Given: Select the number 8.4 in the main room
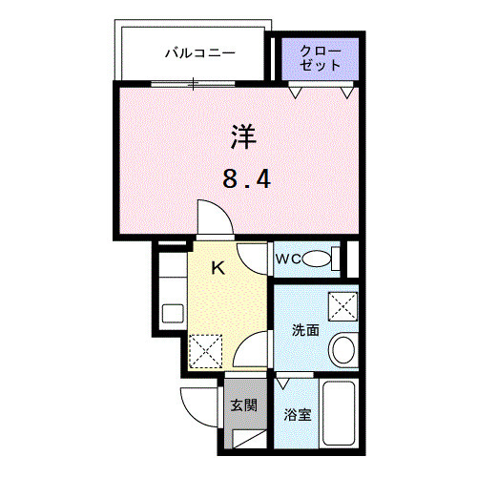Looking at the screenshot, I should [242, 178].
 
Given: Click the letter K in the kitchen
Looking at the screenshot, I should [217, 268].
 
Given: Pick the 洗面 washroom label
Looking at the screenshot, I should [305, 331].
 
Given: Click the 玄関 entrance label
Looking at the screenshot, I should [242, 404].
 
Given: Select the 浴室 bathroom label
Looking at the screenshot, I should [298, 415].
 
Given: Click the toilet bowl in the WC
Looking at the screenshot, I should [327, 258].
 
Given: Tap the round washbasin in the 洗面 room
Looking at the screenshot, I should [342, 348].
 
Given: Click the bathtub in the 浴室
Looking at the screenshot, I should [340, 413].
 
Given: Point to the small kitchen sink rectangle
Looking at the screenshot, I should [173, 313].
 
